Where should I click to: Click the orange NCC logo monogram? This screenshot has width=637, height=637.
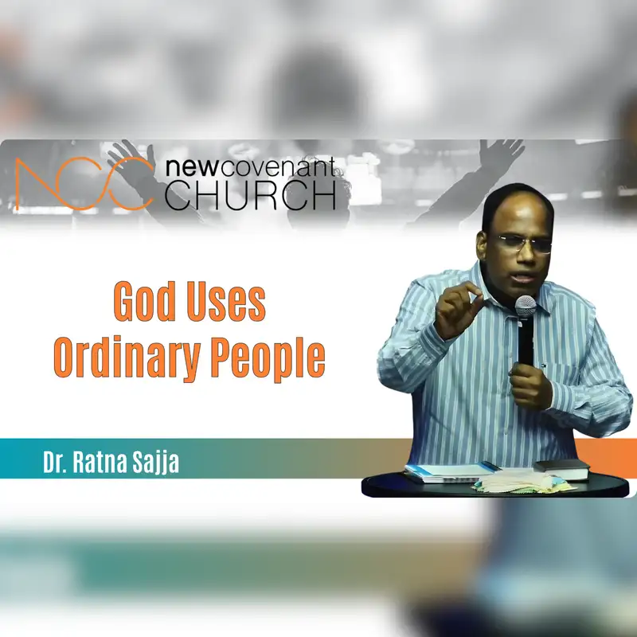tap(84, 184)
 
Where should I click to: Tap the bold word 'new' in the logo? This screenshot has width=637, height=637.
tap(191, 167)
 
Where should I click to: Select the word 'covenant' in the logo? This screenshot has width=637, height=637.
tap(277, 167)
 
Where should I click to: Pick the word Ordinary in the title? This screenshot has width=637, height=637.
tap(127, 358)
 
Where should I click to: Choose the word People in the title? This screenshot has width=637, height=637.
tap(268, 358)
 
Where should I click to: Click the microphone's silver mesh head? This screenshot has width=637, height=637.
tap(526, 307)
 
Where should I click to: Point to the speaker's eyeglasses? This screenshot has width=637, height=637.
tap(524, 244)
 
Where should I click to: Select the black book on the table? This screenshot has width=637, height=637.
tap(562, 470)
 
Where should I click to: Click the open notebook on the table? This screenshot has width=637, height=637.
tap(451, 472)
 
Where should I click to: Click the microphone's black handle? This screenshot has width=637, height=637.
tap(526, 342)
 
